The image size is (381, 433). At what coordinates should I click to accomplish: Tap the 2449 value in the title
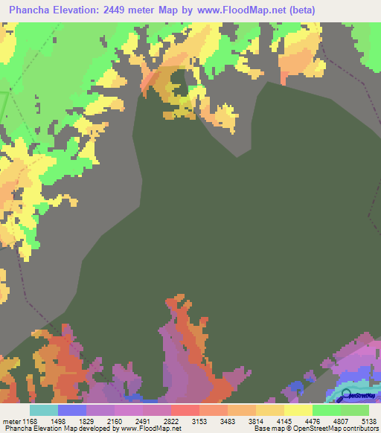click(x=121, y=10)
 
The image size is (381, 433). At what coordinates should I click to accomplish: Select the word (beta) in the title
click(x=301, y=10)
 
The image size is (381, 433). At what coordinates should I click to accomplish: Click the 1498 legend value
click(x=58, y=420)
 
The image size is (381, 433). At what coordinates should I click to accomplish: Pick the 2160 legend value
click(x=115, y=420)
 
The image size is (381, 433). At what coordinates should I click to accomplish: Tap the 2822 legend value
click(x=171, y=420)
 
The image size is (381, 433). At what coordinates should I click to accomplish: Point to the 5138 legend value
click(x=369, y=420)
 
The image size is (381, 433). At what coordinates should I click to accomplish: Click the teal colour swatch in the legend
click(x=43, y=410)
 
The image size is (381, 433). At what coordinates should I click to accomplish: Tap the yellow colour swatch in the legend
click(x=298, y=410)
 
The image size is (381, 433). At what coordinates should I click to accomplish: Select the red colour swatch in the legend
click(x=185, y=410)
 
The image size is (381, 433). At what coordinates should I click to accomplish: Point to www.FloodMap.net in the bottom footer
click(x=151, y=429)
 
